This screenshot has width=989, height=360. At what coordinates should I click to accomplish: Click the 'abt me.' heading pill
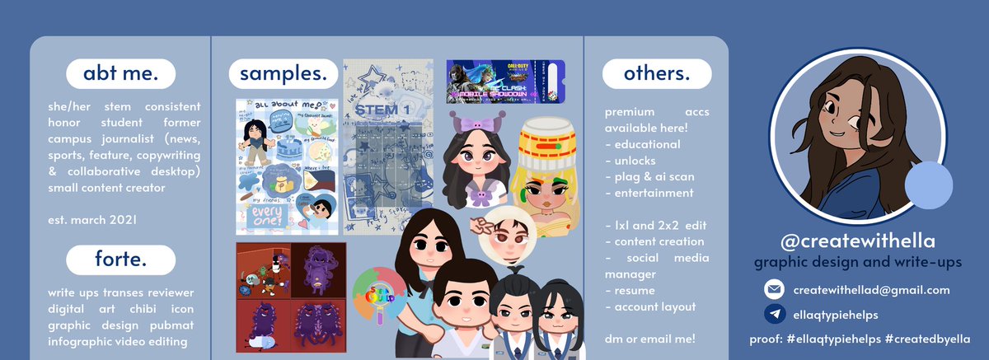click(120, 74)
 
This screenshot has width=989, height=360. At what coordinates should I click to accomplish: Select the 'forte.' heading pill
click(120, 260)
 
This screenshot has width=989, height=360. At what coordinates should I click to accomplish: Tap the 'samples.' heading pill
click(283, 74)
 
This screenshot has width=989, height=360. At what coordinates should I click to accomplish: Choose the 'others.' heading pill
click(656, 74)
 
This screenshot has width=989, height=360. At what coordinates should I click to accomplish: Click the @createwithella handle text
click(858, 241)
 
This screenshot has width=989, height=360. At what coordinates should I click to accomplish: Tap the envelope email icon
click(774, 290)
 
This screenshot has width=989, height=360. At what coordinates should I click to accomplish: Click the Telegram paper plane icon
click(774, 314)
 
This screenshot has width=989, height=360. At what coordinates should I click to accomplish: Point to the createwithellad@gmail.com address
click(871, 290)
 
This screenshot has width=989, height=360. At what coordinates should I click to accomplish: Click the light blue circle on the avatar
click(929, 185)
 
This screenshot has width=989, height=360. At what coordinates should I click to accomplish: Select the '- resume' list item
click(630, 290)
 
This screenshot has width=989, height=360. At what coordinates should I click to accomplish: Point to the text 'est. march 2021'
click(92, 220)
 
